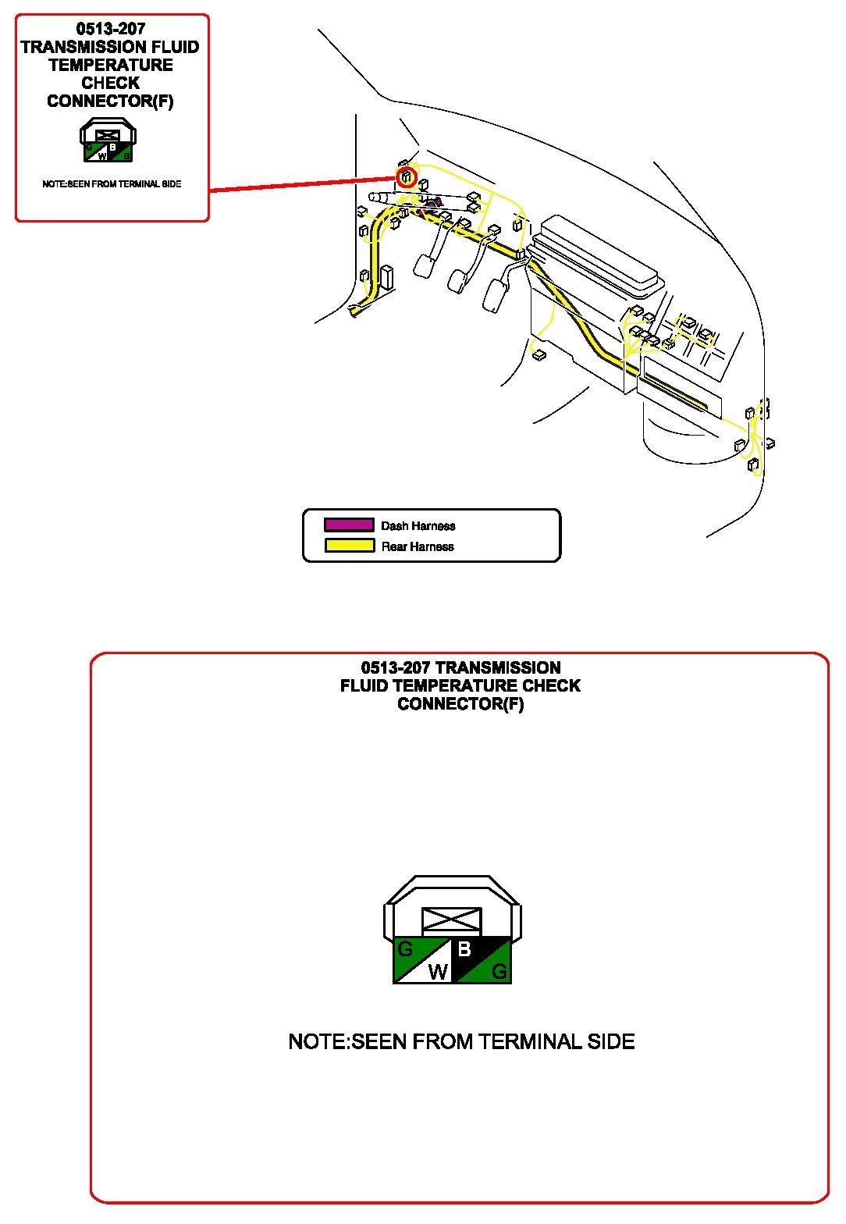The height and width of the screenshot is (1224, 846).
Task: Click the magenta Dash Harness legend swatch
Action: pyautogui.click(x=349, y=525)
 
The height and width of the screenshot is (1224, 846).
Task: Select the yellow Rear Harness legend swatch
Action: pyautogui.click(x=349, y=546)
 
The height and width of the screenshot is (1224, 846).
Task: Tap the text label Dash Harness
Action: pyautogui.click(x=418, y=526)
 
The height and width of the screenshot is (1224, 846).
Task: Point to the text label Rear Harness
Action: pyautogui.click(x=417, y=546)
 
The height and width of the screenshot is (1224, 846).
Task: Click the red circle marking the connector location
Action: pyautogui.click(x=406, y=177)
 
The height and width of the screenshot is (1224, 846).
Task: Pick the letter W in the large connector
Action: pyautogui.click(x=438, y=972)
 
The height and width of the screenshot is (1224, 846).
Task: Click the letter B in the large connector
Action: pyautogui.click(x=464, y=949)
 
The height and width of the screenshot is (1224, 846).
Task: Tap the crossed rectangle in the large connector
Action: pyautogui.click(x=451, y=920)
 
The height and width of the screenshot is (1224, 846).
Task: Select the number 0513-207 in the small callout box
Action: pyautogui.click(x=111, y=29)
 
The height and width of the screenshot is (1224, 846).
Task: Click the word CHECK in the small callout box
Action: pyautogui.click(x=110, y=83)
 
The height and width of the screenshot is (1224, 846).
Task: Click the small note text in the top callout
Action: pyautogui.click(x=112, y=184)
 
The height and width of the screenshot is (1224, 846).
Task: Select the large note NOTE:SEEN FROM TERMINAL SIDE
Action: pyautogui.click(x=461, y=1041)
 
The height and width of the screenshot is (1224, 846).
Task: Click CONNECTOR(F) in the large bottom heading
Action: pyautogui.click(x=460, y=704)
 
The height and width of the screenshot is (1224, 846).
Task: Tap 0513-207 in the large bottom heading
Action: pyautogui.click(x=395, y=668)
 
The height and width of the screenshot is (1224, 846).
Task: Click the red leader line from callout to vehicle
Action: pyautogui.click(x=304, y=184)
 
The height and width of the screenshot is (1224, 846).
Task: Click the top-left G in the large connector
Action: pyautogui.click(x=405, y=950)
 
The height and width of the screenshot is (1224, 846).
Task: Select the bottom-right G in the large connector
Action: pyautogui.click(x=499, y=973)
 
